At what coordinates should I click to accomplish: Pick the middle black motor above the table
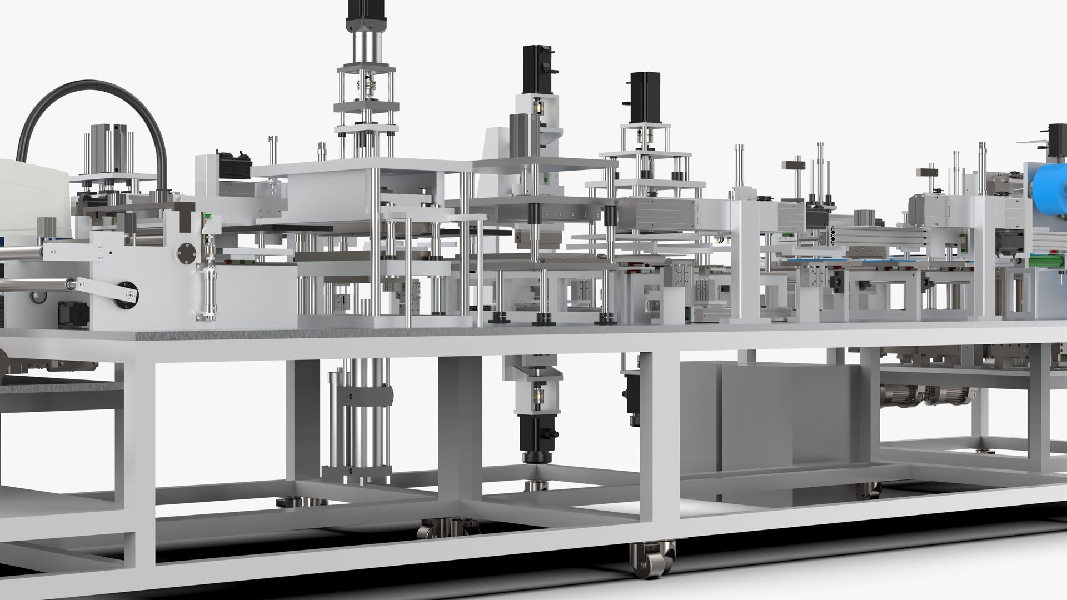pos(537,69)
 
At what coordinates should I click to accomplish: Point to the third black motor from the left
pos(645,97)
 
